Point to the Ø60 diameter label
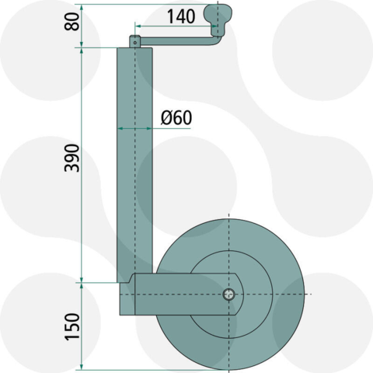(x=176, y=118)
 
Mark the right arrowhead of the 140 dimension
(x=214, y=25)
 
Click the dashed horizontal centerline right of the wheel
(x=305, y=295)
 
